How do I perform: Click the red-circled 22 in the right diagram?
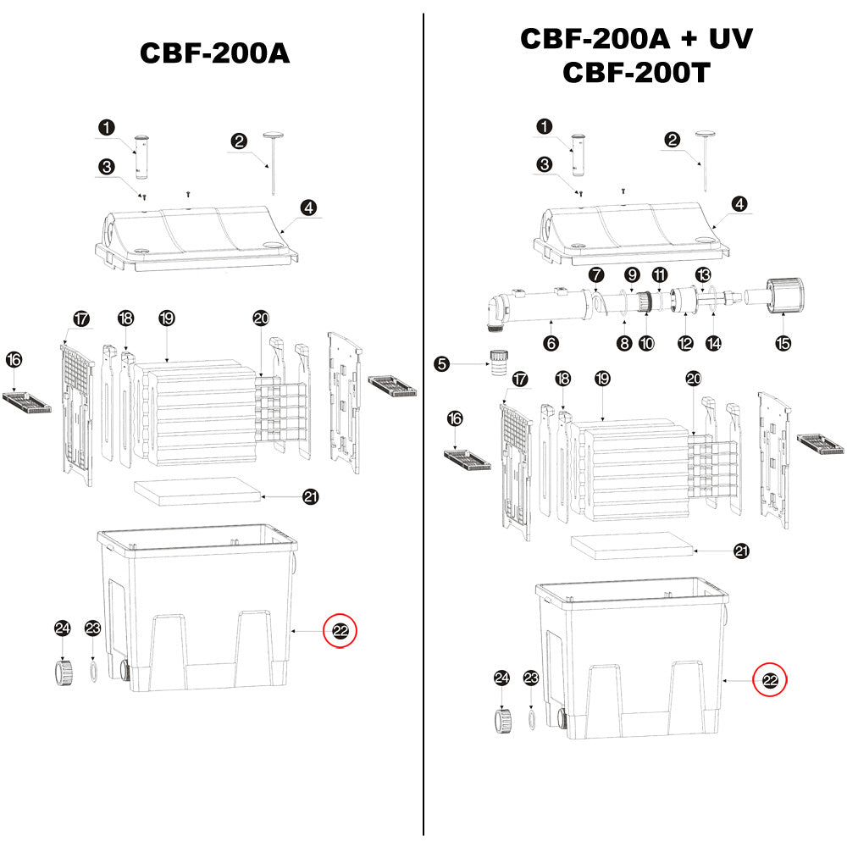point(770,679)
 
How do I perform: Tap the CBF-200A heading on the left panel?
point(214,53)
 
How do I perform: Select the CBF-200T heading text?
point(635,73)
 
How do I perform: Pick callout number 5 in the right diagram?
point(441,364)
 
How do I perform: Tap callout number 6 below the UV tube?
point(551,343)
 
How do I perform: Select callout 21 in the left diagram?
point(311,497)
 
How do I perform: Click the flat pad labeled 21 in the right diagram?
point(631,546)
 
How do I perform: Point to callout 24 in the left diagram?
point(63,628)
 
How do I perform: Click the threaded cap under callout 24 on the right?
point(502,720)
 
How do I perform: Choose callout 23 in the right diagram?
point(531,678)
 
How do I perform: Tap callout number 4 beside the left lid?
point(310,207)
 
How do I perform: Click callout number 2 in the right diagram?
point(673,140)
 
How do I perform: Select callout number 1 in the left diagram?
point(106,127)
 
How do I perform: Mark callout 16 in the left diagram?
point(14,359)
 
